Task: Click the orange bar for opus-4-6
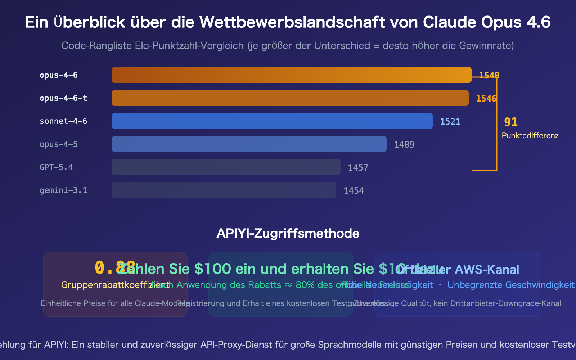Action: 291,75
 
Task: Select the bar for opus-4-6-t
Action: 290,98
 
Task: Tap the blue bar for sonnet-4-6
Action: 272,121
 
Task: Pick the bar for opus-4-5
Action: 249,144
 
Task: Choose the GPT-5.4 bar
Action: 226,167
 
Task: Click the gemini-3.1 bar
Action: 224,190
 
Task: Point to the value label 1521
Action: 450,122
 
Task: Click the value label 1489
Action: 404,145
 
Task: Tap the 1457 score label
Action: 358,168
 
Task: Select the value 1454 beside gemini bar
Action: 354,191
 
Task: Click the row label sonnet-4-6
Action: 63,121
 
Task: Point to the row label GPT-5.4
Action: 56,167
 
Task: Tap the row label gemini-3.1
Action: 63,190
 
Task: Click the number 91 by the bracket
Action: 510,122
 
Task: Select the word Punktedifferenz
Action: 530,136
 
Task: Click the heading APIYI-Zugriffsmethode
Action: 288,234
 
